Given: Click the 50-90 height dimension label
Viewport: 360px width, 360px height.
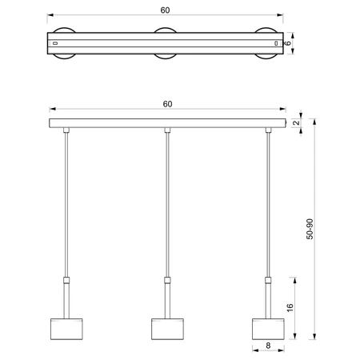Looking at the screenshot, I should pyautogui.click(x=310, y=230).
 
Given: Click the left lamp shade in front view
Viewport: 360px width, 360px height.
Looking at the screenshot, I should pyautogui.click(x=65, y=329).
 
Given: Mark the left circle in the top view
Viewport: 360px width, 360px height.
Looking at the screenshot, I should pyautogui.click(x=64, y=42).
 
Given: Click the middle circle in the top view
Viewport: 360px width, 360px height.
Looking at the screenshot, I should pyautogui.click(x=166, y=42).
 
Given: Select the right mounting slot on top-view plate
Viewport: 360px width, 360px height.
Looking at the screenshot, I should pyautogui.click(x=277, y=42).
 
